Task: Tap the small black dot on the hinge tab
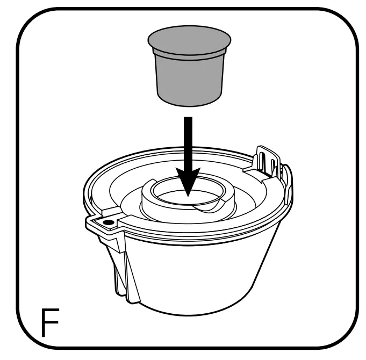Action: pyautogui.click(x=107, y=221)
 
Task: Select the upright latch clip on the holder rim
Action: pyautogui.click(x=269, y=159)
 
